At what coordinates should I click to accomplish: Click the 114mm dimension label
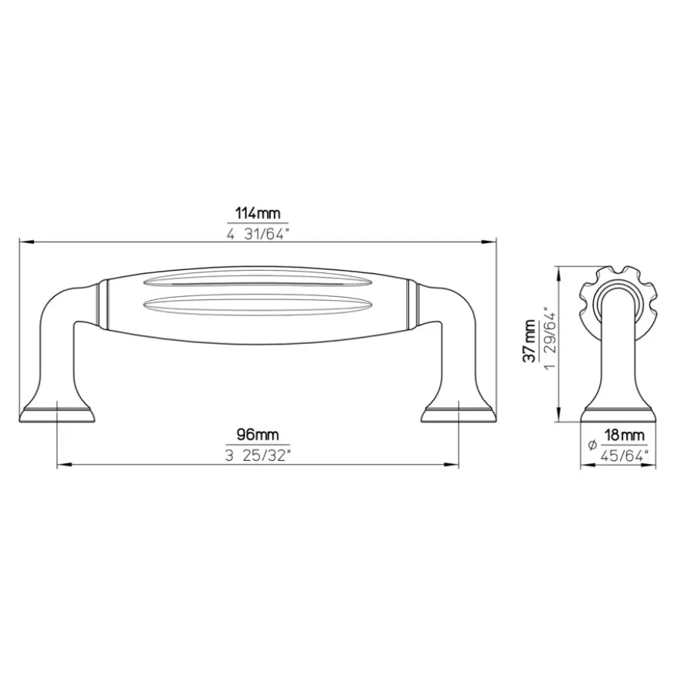257,213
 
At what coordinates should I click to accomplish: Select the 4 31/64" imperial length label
257,235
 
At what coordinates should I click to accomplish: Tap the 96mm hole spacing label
258,435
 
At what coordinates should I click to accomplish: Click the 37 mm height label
531,341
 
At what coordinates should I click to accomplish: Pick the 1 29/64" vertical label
552,338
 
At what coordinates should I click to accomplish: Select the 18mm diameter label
623,435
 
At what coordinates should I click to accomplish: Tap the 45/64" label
625,455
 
